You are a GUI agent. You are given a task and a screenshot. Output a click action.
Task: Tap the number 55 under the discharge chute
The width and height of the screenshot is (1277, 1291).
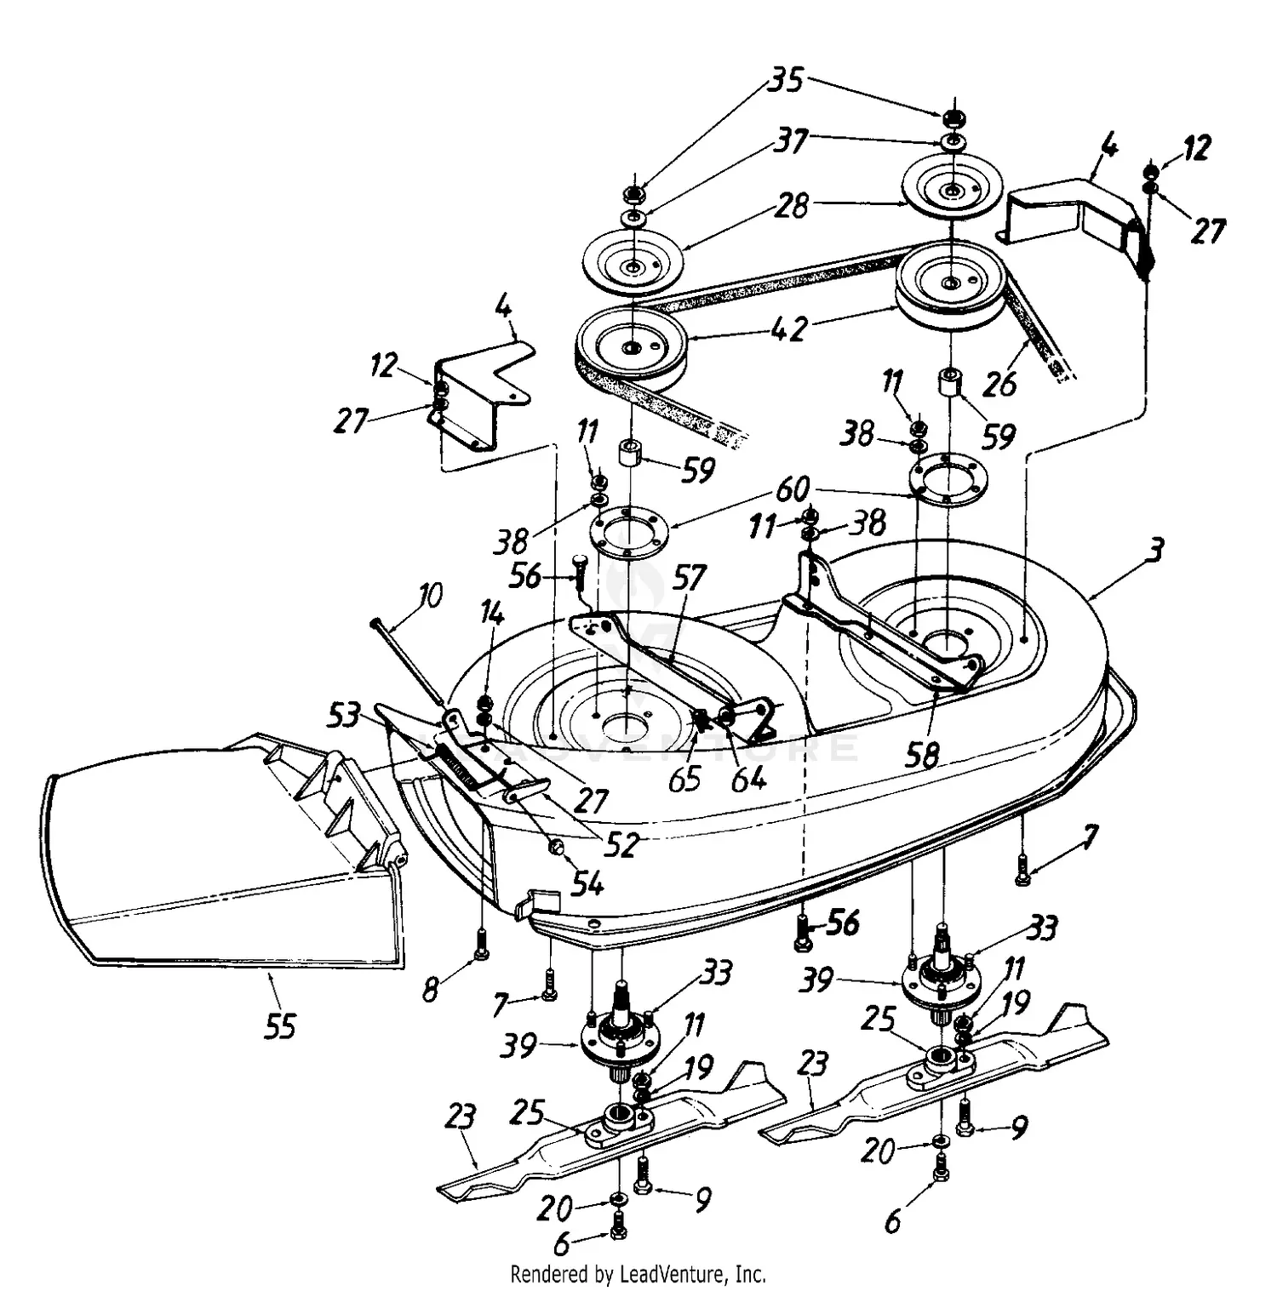279,1026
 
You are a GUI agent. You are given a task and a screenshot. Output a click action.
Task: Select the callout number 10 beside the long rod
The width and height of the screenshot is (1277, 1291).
431,596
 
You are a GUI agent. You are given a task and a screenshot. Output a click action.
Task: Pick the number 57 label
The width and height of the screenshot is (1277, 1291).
688,578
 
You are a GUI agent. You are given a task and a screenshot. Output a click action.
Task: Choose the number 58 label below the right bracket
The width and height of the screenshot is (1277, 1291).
922,754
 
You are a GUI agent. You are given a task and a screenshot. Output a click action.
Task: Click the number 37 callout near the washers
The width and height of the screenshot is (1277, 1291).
791,140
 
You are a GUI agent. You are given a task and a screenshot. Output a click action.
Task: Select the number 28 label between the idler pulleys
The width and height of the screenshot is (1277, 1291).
791,205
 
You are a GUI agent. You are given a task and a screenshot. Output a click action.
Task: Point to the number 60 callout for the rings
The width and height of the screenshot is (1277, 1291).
792,489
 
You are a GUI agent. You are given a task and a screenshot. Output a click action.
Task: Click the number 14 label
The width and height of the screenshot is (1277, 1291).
492,613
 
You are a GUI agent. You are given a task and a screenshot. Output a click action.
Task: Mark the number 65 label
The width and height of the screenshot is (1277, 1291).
684,778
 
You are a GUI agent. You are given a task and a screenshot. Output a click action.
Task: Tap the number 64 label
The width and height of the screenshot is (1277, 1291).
748,778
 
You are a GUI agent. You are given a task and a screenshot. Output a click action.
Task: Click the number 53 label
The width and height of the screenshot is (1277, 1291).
344,716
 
